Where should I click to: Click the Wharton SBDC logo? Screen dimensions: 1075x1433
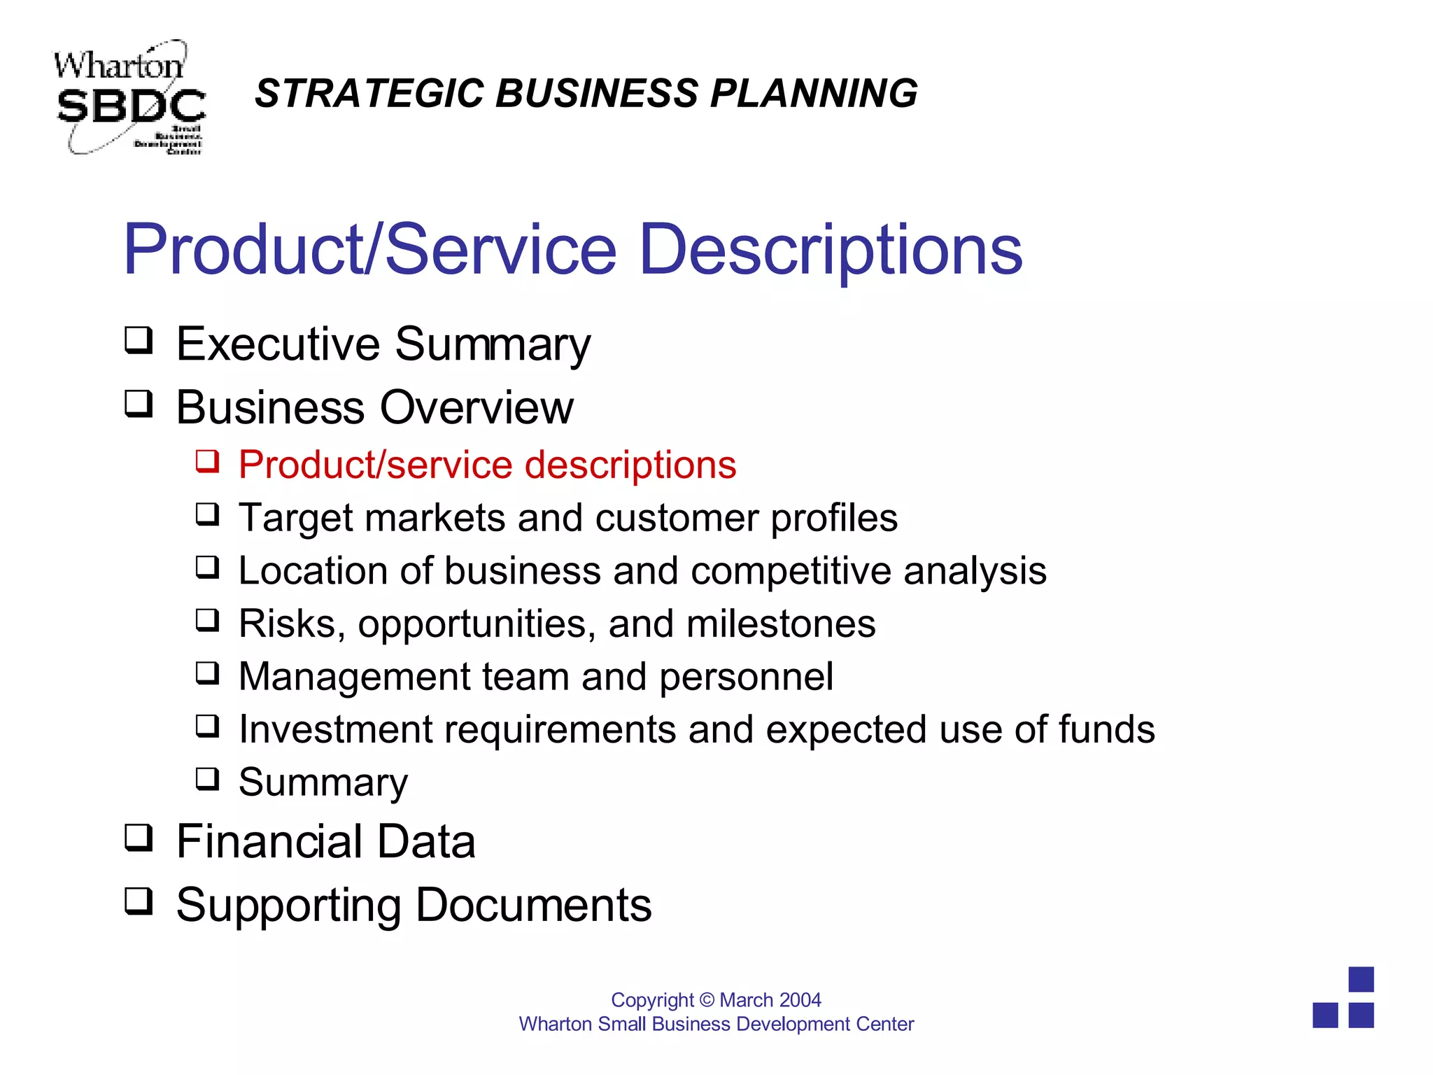pyautogui.click(x=129, y=98)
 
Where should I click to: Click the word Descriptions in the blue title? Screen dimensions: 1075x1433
pyautogui.click(x=831, y=250)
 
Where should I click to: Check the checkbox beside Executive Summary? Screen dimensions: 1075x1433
pyautogui.click(x=139, y=341)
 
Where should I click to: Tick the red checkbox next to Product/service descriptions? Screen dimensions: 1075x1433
pyautogui.click(x=207, y=462)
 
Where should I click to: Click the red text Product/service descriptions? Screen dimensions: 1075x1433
pyautogui.click(x=487, y=465)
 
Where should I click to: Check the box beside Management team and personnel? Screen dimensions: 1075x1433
pyautogui.click(x=207, y=673)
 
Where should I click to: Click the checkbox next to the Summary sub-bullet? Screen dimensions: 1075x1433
pyautogui.click(x=207, y=779)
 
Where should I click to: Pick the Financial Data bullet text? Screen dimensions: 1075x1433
pyautogui.click(x=325, y=841)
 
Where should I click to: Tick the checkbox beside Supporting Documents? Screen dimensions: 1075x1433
pyautogui.click(x=139, y=901)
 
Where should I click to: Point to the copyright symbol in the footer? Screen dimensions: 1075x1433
pyautogui.click(x=707, y=1000)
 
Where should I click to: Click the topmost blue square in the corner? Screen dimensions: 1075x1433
pyautogui.click(x=1361, y=979)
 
